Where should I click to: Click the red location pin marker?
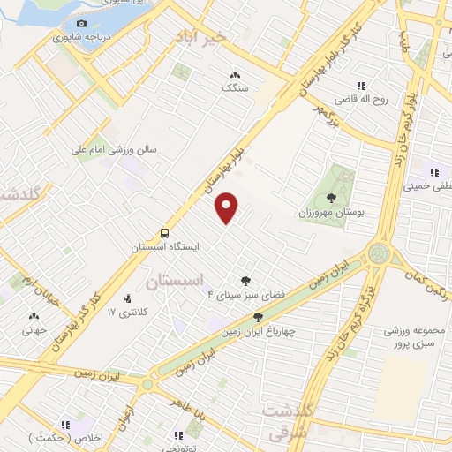coord(228,208)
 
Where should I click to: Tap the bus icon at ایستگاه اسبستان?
coord(165,233)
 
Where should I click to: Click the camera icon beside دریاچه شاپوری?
coord(82,24)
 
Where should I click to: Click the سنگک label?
coord(235,88)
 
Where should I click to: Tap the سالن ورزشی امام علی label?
coord(114,150)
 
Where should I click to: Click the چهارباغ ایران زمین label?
coord(258,331)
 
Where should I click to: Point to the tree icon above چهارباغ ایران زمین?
coord(258,317)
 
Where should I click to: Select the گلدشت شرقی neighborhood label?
coord(290,421)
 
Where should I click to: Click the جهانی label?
coord(35,330)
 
